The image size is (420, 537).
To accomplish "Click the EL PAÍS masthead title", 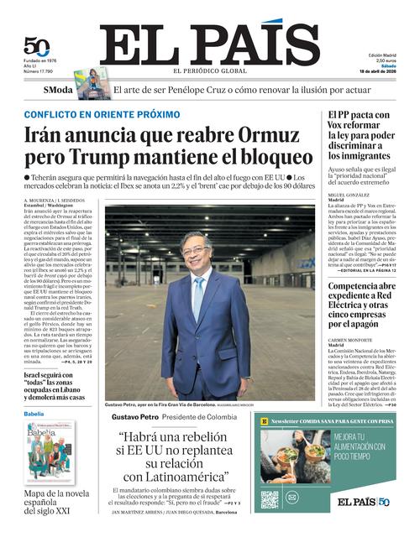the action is (x=210, y=44).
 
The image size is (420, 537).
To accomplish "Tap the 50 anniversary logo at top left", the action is (x=35, y=47).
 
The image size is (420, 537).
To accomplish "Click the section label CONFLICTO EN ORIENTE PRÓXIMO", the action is (x=102, y=114).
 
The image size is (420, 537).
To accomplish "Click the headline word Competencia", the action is (x=362, y=286).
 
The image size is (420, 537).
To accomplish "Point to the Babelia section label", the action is (x=34, y=414).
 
